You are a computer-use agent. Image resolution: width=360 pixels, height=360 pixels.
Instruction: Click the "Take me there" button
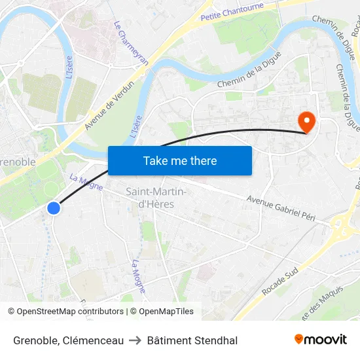180,160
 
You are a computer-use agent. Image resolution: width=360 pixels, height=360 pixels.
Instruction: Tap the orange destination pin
306,122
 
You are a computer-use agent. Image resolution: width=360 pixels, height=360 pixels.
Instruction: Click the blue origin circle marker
54,208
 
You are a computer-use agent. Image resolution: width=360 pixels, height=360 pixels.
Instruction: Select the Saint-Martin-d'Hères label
156,197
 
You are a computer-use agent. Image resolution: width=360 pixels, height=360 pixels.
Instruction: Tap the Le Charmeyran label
131,43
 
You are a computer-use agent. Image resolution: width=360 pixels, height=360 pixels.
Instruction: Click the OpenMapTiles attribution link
166,312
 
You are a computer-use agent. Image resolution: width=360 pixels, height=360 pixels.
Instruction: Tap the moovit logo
320,340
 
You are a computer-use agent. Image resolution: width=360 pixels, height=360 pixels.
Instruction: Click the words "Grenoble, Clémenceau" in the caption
68,340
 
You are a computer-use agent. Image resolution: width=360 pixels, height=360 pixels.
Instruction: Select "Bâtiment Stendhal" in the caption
192,340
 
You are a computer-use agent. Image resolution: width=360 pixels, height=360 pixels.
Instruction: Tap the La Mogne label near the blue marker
86,183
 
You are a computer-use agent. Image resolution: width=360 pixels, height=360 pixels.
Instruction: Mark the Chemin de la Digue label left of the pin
249,70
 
